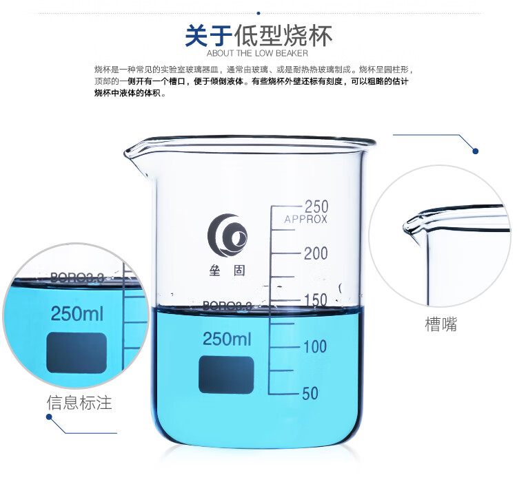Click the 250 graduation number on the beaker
[x=316, y=207]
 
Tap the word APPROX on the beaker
[x=305, y=220]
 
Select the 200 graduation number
[x=316, y=253]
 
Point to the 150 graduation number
[x=316, y=299]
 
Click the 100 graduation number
[x=315, y=347]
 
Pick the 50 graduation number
[x=310, y=393]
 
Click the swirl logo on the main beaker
[x=227, y=235]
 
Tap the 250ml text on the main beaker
[x=227, y=339]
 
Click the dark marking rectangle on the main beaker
[x=226, y=375]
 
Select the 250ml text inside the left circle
[x=77, y=313]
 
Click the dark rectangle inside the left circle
[x=77, y=353]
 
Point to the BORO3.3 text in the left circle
[x=77, y=277]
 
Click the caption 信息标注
[x=79, y=403]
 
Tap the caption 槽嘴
[x=441, y=324]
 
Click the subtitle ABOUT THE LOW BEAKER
[x=258, y=53]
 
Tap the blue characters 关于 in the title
[x=209, y=36]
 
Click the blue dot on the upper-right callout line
[x=475, y=151]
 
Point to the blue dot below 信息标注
[x=50, y=417]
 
